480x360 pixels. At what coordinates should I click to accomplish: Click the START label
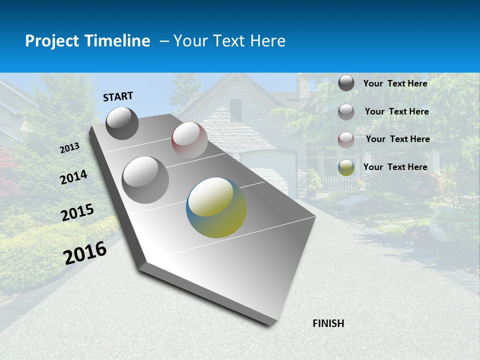click(118, 96)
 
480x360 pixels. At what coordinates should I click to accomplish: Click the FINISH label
click(328, 323)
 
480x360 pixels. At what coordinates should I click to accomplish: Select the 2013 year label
click(70, 148)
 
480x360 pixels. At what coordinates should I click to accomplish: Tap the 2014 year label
click(73, 177)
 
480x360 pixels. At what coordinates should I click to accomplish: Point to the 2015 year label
click(77, 212)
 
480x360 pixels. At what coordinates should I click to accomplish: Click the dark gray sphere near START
click(122, 123)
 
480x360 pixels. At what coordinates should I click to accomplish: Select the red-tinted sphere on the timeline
click(189, 140)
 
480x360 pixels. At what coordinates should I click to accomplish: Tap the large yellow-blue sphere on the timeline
click(216, 207)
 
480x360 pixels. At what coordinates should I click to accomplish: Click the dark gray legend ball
click(346, 83)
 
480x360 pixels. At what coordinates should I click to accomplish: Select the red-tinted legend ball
click(346, 140)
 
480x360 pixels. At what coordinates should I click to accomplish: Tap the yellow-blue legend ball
click(346, 167)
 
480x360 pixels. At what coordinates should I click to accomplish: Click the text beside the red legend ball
click(397, 139)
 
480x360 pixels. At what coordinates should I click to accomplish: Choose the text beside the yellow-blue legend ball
click(395, 167)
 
